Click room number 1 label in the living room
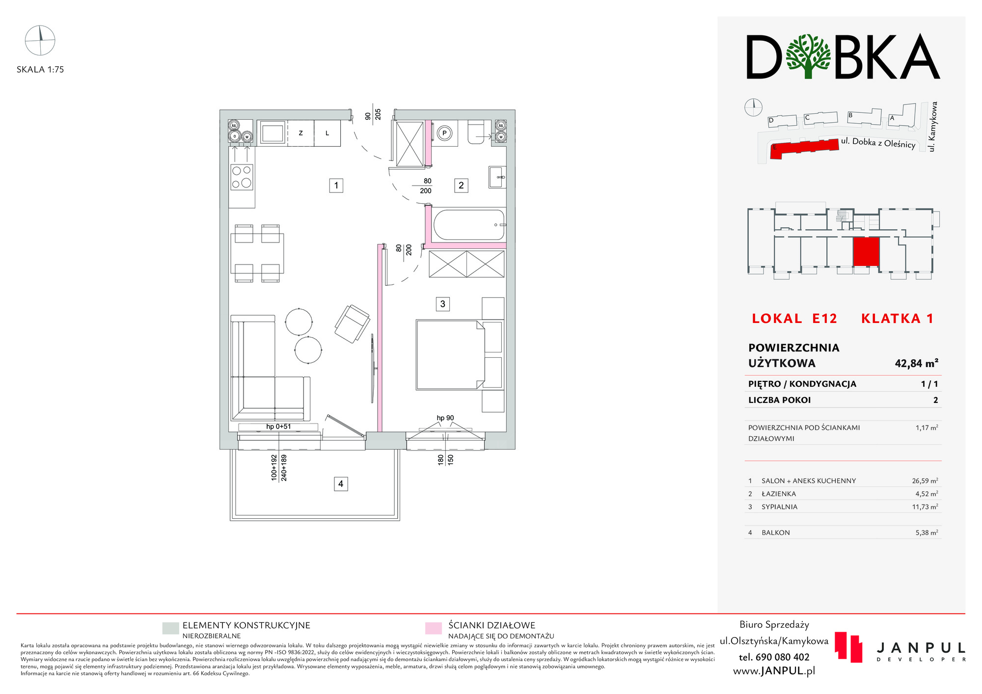336,186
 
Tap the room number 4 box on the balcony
341,484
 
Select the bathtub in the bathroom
469,225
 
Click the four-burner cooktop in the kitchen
242,177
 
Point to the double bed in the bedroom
450,355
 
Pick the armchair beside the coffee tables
352,324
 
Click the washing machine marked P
444,133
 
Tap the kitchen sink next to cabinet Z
272,133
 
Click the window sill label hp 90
445,418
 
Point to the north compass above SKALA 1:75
40,40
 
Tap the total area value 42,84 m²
916,363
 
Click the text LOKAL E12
794,319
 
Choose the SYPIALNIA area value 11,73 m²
925,507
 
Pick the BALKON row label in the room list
776,533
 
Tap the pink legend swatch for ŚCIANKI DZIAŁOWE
434,629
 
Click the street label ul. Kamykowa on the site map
933,127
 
